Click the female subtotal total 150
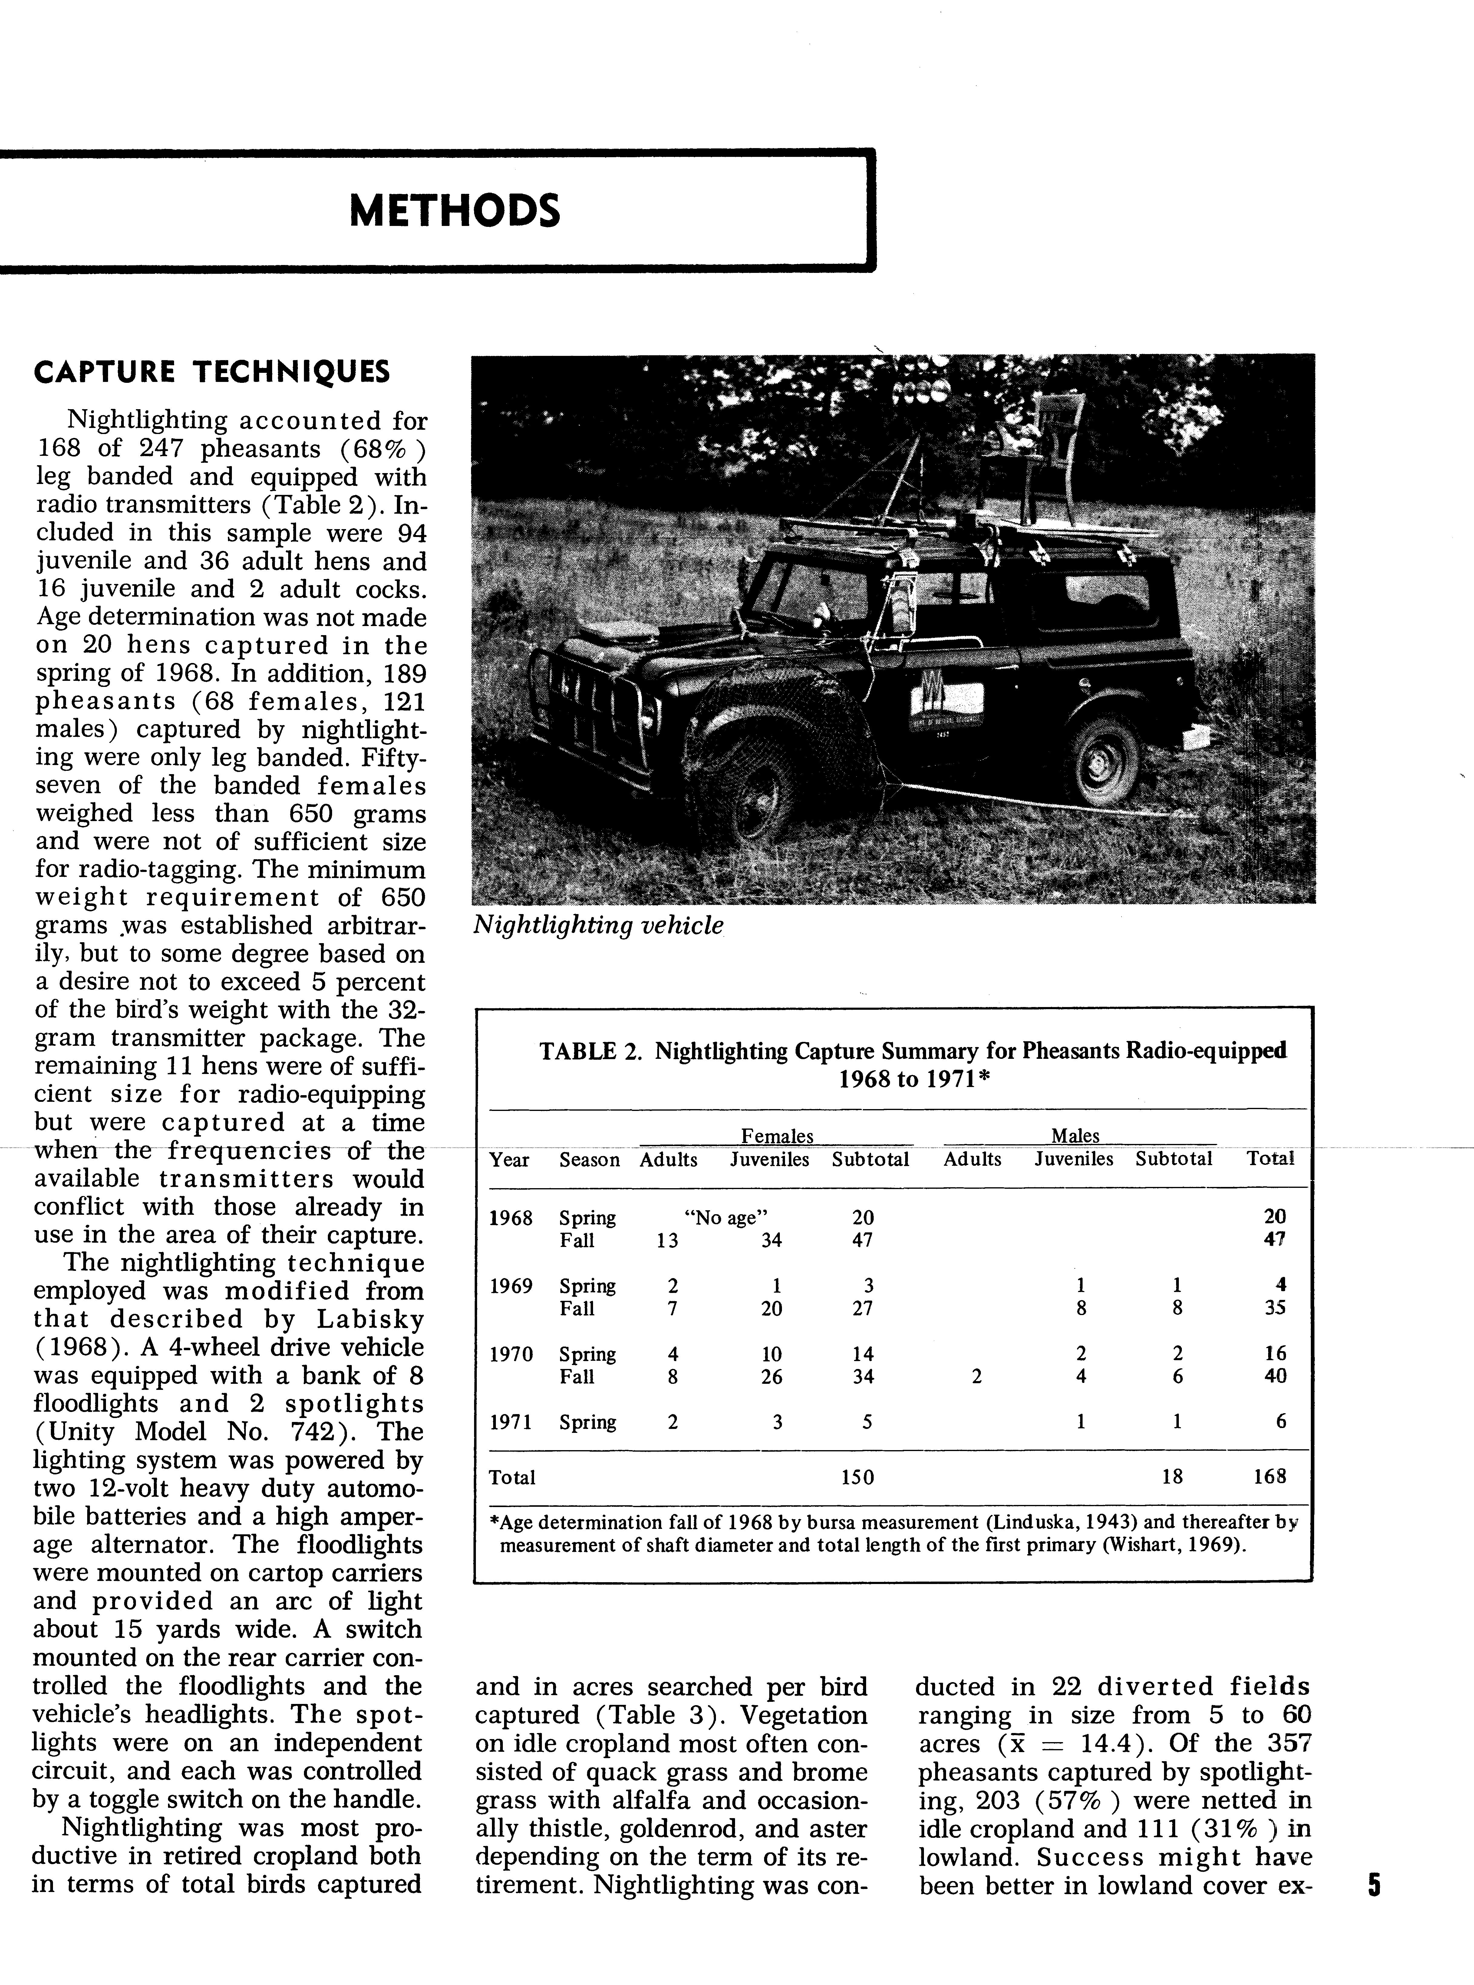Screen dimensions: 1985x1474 click(857, 1477)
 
